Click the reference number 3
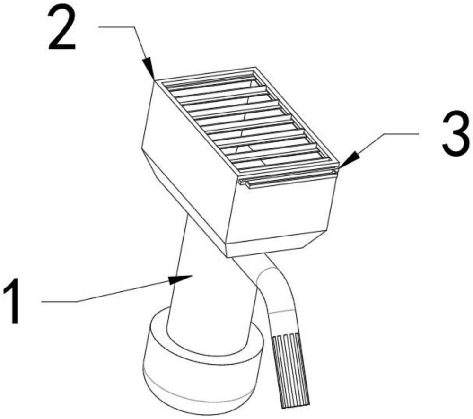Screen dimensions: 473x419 pos(456,133)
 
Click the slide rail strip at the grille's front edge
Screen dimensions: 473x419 pos(288,177)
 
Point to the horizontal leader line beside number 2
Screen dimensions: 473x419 pos(117,27)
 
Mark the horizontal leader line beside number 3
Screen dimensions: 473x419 pos(402,133)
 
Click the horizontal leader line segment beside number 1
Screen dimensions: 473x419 pos(59,301)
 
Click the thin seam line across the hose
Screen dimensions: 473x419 pos(282,311)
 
